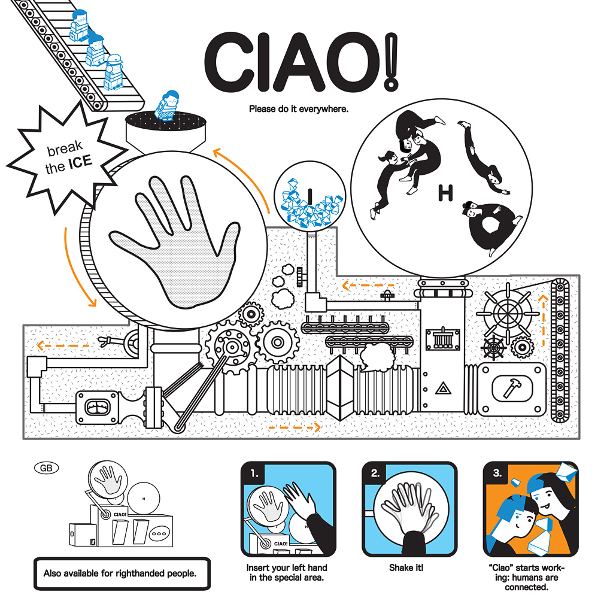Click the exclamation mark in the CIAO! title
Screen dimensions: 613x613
tap(391, 62)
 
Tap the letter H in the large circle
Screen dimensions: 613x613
tap(445, 193)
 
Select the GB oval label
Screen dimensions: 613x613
tap(47, 468)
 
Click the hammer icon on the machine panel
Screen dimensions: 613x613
tap(511, 387)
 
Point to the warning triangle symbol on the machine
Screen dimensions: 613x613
tap(444, 388)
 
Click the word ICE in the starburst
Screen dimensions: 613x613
tap(80, 162)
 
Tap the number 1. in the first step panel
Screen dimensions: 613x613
tap(254, 474)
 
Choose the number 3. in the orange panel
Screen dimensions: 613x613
tap(497, 473)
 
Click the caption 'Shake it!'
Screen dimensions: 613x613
tap(406, 568)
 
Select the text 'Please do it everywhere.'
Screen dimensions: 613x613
tap(299, 109)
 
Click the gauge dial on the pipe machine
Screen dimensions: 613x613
tap(98, 408)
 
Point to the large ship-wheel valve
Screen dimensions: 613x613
tap(508, 312)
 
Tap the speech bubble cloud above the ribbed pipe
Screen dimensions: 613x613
tap(377, 357)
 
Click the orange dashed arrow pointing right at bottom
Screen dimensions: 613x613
tap(295, 427)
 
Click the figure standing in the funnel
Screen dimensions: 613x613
tap(168, 105)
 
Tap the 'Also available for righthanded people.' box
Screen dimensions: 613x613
tap(122, 573)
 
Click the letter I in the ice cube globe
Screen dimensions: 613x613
tap(310, 196)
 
